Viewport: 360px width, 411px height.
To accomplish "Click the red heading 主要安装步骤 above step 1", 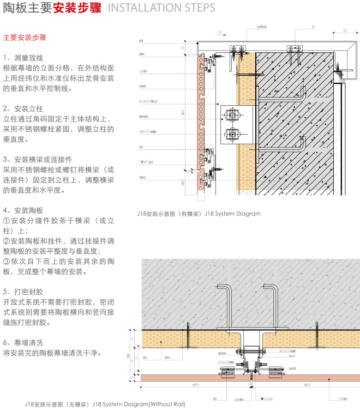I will pos(25,38).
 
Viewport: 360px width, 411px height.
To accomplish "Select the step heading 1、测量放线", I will pos(23,58).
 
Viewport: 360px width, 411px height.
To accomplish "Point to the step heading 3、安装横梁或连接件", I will pos(38,159).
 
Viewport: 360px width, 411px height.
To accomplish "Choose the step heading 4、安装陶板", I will pos(23,210).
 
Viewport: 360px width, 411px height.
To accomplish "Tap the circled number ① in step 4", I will pos(7,220).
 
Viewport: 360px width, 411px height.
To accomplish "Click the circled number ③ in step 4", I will pos(7,261).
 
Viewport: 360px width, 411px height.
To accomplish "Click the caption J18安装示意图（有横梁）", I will pos(170,214).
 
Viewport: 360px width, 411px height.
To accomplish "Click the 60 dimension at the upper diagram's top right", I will pos(346,31).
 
